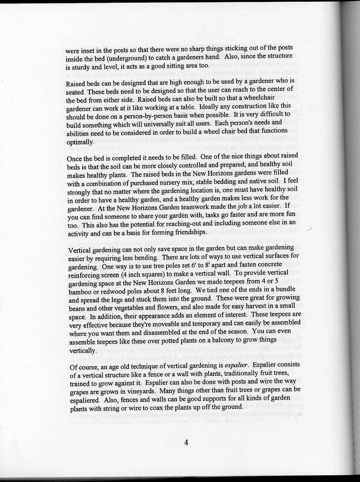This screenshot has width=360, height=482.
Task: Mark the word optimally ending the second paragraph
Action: pos(80,142)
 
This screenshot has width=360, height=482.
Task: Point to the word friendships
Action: pos(190,232)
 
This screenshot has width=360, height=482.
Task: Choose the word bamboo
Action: pos(80,292)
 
